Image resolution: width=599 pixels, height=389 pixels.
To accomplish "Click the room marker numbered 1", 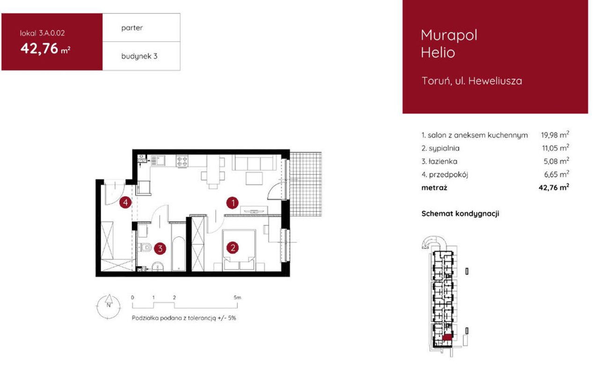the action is [x=233, y=203].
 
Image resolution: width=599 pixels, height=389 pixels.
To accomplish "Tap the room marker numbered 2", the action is [x=233, y=248].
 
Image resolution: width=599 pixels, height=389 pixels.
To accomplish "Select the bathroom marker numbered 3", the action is [x=160, y=248].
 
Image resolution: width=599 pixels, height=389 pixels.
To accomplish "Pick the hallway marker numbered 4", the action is [x=125, y=203].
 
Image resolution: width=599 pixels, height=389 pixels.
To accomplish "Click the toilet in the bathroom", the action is [x=145, y=247].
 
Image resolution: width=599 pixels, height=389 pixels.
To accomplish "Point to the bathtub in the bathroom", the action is [x=178, y=253].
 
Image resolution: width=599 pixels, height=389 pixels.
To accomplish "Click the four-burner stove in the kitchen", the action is [x=182, y=161].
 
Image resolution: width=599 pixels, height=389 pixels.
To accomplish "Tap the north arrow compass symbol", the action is [x=108, y=307].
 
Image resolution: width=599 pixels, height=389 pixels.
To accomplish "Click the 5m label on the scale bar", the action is [x=237, y=298].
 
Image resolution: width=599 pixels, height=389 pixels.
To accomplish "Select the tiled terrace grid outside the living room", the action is [x=306, y=184].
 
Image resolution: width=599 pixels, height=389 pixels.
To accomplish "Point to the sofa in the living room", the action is [x=254, y=163].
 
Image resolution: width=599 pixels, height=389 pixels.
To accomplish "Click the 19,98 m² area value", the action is [x=555, y=135].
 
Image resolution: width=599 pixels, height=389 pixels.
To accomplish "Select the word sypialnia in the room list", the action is [x=444, y=148].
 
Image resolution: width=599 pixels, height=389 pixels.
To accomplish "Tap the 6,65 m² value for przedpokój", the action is [x=556, y=174].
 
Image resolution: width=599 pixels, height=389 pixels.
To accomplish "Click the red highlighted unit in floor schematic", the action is [x=447, y=338].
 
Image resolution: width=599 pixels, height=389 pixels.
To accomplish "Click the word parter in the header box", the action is [x=132, y=28].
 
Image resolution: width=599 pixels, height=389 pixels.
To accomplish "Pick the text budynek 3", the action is [x=139, y=56].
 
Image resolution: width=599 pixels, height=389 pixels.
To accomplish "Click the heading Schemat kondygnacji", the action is [x=460, y=214].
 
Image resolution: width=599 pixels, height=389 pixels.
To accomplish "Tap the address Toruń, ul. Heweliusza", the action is [x=472, y=81].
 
